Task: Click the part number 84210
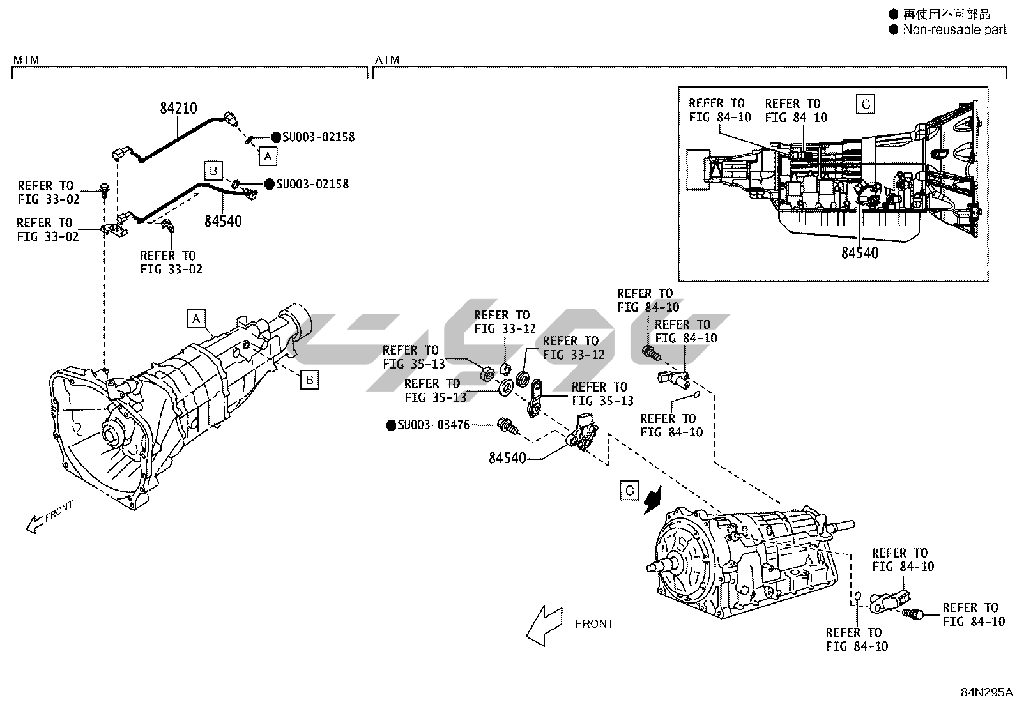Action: tap(178, 109)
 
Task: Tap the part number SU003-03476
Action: tap(433, 425)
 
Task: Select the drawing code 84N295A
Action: tap(986, 692)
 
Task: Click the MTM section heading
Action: tap(26, 59)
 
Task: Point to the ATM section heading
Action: tap(387, 59)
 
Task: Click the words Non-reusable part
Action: tap(955, 30)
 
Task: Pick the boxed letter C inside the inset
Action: tap(866, 104)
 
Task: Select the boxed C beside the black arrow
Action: tap(629, 491)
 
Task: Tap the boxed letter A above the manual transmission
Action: tap(196, 318)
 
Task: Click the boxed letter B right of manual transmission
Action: tap(310, 379)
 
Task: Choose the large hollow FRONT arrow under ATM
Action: tap(544, 626)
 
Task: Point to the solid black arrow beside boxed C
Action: tap(653, 500)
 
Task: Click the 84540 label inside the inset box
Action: tap(859, 253)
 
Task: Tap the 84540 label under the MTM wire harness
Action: tap(223, 222)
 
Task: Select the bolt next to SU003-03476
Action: tap(508, 426)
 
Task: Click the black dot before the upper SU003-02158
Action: tap(276, 137)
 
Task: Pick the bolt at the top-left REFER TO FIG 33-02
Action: tap(104, 190)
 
